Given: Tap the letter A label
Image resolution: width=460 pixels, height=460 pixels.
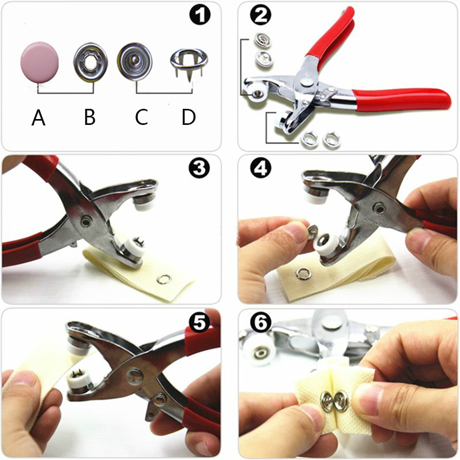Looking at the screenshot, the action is [x=39, y=117].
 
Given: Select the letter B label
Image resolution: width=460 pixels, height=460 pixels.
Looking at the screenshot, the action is [x=90, y=117].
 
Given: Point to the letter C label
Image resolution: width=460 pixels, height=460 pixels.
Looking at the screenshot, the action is [x=141, y=117].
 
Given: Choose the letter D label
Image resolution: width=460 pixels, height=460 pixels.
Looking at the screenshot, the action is [x=189, y=117].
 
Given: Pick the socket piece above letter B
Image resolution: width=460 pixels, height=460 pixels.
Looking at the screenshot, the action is [x=91, y=62].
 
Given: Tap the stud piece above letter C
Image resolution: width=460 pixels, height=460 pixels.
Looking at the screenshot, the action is [x=135, y=61].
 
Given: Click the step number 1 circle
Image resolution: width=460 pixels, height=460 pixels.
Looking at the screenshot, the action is [x=200, y=15].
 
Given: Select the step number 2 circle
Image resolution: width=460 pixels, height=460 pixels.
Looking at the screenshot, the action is [x=261, y=15].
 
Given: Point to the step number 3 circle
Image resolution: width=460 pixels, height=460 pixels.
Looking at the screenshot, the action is [x=199, y=168].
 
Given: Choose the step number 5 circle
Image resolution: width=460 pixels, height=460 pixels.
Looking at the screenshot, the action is [x=199, y=323].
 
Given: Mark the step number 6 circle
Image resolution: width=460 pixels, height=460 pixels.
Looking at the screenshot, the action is [x=261, y=323].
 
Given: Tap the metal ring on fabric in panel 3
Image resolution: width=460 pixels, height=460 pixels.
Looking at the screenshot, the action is [x=163, y=279].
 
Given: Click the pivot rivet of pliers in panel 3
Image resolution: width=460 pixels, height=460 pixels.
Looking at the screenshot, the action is [x=85, y=222].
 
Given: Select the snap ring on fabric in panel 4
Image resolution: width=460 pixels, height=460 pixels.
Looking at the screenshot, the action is [x=302, y=273].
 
